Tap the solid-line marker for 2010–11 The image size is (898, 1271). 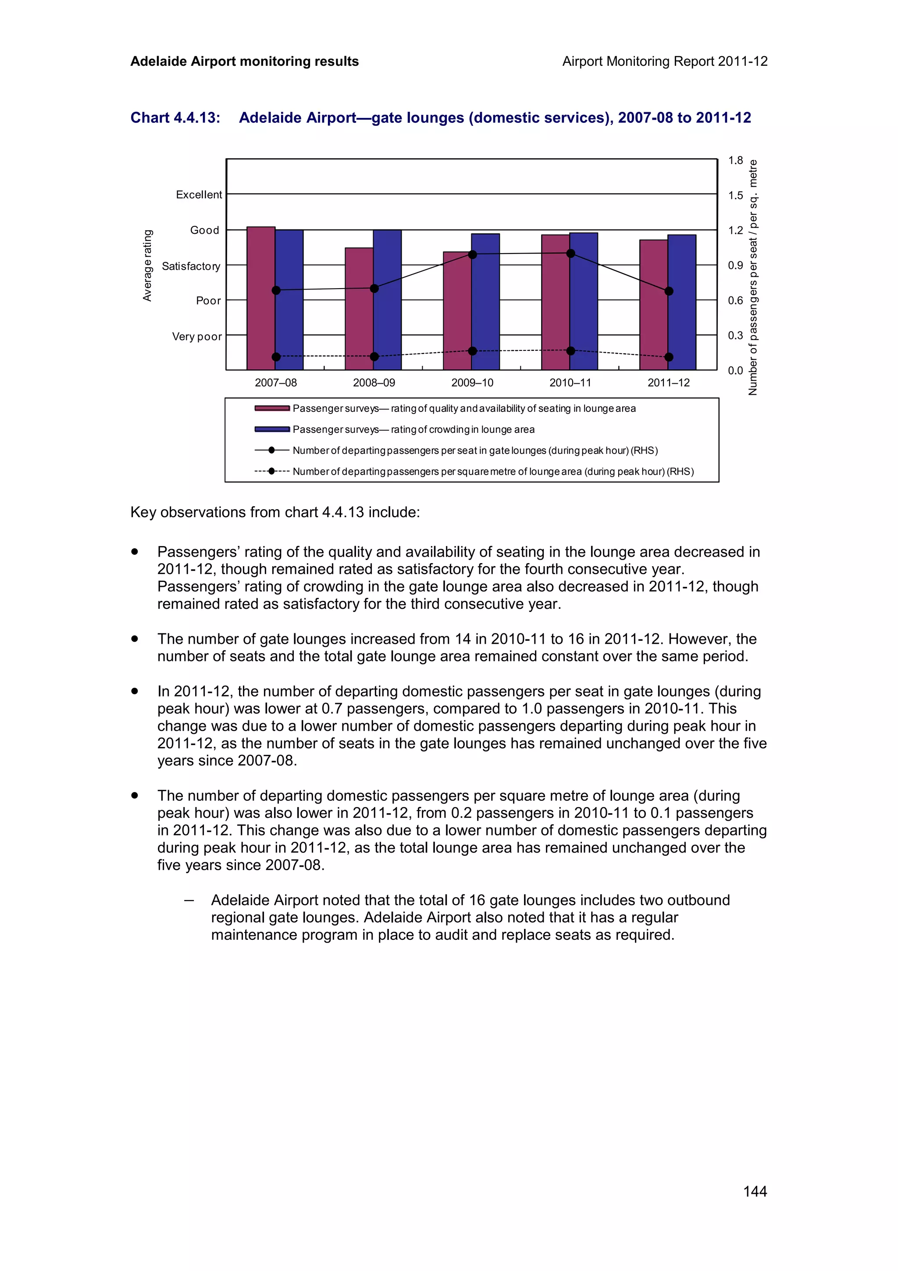coord(570,253)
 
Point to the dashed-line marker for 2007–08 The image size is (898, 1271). coord(276,357)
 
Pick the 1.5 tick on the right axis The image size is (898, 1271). coord(735,196)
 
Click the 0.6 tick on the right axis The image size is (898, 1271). coord(735,300)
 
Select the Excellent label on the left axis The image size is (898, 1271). coord(199,195)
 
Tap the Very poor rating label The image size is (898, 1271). coord(196,336)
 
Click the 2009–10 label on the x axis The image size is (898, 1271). coord(472,382)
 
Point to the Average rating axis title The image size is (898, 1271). coord(147,266)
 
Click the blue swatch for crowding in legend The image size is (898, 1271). coord(272,429)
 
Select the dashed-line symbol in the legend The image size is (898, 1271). coord(272,471)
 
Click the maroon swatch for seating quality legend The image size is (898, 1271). coord(272,409)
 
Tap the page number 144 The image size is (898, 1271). coord(755,1191)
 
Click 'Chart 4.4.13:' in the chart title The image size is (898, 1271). coord(175,118)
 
